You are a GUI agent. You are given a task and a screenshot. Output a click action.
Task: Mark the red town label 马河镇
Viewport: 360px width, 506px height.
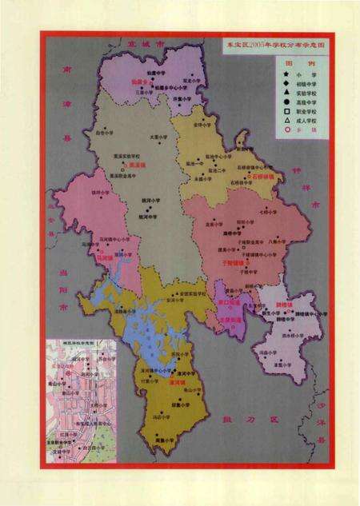coord(101,257)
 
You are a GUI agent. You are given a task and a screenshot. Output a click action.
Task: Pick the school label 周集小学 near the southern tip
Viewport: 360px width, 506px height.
coord(188,440)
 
